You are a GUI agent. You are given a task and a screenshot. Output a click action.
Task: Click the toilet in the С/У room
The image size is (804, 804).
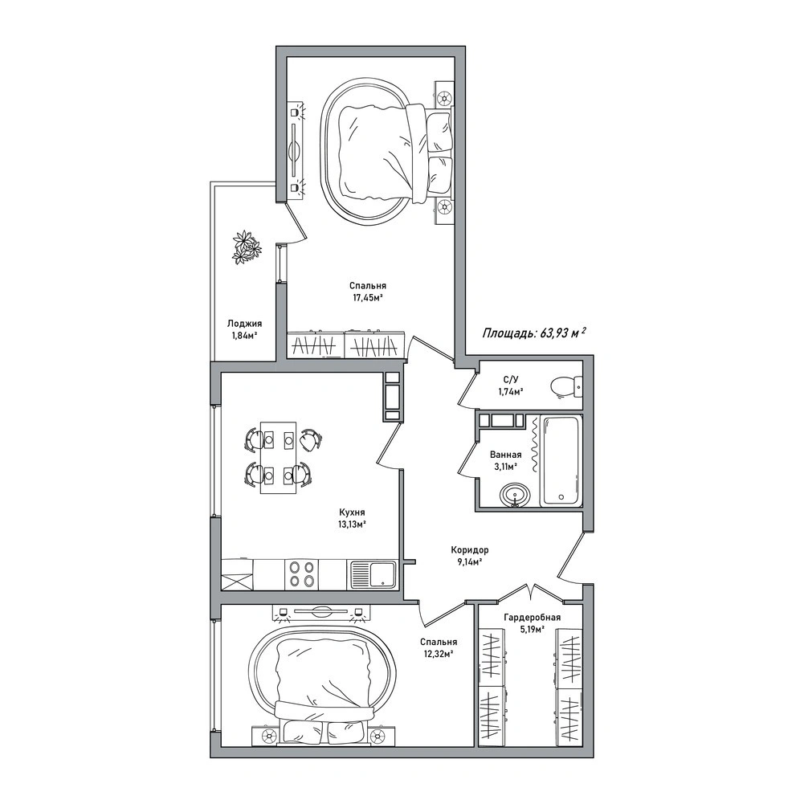(566, 386)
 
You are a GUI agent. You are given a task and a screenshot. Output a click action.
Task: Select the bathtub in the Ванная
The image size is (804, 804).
(562, 460)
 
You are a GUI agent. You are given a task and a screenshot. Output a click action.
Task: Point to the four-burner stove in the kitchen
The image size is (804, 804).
(301, 574)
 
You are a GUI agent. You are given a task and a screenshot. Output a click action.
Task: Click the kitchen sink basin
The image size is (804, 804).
(381, 574)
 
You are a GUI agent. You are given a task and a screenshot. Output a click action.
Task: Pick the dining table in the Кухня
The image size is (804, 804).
(279, 457)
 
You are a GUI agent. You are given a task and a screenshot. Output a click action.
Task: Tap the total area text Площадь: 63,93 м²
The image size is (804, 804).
(534, 333)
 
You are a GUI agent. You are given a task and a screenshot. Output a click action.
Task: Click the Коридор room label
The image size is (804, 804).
(470, 549)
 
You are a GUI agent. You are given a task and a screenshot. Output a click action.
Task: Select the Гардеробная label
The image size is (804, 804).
(533, 618)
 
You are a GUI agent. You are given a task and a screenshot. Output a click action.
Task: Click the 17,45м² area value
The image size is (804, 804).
(367, 297)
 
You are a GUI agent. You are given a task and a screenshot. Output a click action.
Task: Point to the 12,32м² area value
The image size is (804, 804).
(439, 654)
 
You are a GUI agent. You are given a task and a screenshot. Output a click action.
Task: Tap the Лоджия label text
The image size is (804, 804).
(245, 324)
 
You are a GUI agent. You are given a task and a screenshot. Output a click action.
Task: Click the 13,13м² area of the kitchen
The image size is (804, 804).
(352, 524)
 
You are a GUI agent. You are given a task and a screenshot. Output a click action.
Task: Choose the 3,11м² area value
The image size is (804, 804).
(505, 467)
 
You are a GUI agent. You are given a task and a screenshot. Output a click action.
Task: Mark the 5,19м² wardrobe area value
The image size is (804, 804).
(532, 629)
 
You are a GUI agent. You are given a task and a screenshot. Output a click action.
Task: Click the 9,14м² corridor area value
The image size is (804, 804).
(470, 562)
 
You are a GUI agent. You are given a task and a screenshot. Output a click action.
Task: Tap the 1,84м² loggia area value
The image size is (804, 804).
(244, 336)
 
